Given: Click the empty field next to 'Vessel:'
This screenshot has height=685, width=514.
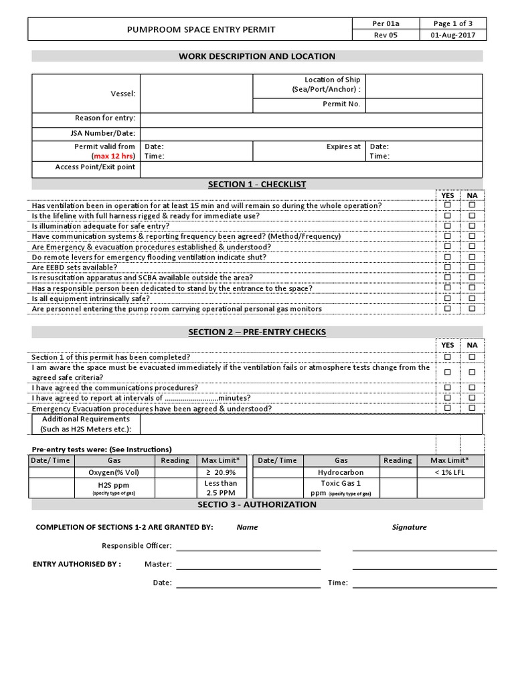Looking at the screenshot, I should (195, 94).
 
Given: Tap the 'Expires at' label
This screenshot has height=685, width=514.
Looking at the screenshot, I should (343, 146).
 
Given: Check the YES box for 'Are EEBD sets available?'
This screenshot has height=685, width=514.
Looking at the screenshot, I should (448, 268).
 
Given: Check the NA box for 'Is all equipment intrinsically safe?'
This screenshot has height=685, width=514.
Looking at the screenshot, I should (472, 298).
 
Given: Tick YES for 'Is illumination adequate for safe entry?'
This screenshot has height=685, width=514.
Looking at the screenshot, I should (448, 226).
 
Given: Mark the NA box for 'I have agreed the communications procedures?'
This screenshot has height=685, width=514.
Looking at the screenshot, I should (472, 387).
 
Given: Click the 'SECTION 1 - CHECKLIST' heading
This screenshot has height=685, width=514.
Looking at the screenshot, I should (257, 185).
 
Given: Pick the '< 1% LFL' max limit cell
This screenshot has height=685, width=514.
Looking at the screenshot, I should (450, 472).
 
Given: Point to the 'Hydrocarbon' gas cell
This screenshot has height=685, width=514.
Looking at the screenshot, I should (341, 472).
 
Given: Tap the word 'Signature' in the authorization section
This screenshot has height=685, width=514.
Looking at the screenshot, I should (409, 527).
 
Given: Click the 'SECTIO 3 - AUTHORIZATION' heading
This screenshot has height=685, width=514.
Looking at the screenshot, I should (257, 504).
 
